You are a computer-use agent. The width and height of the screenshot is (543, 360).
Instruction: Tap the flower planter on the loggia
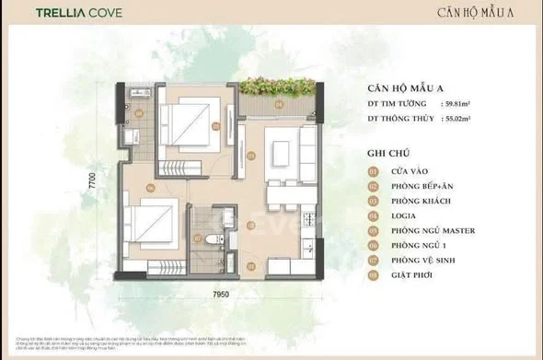click(x=275, y=90)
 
